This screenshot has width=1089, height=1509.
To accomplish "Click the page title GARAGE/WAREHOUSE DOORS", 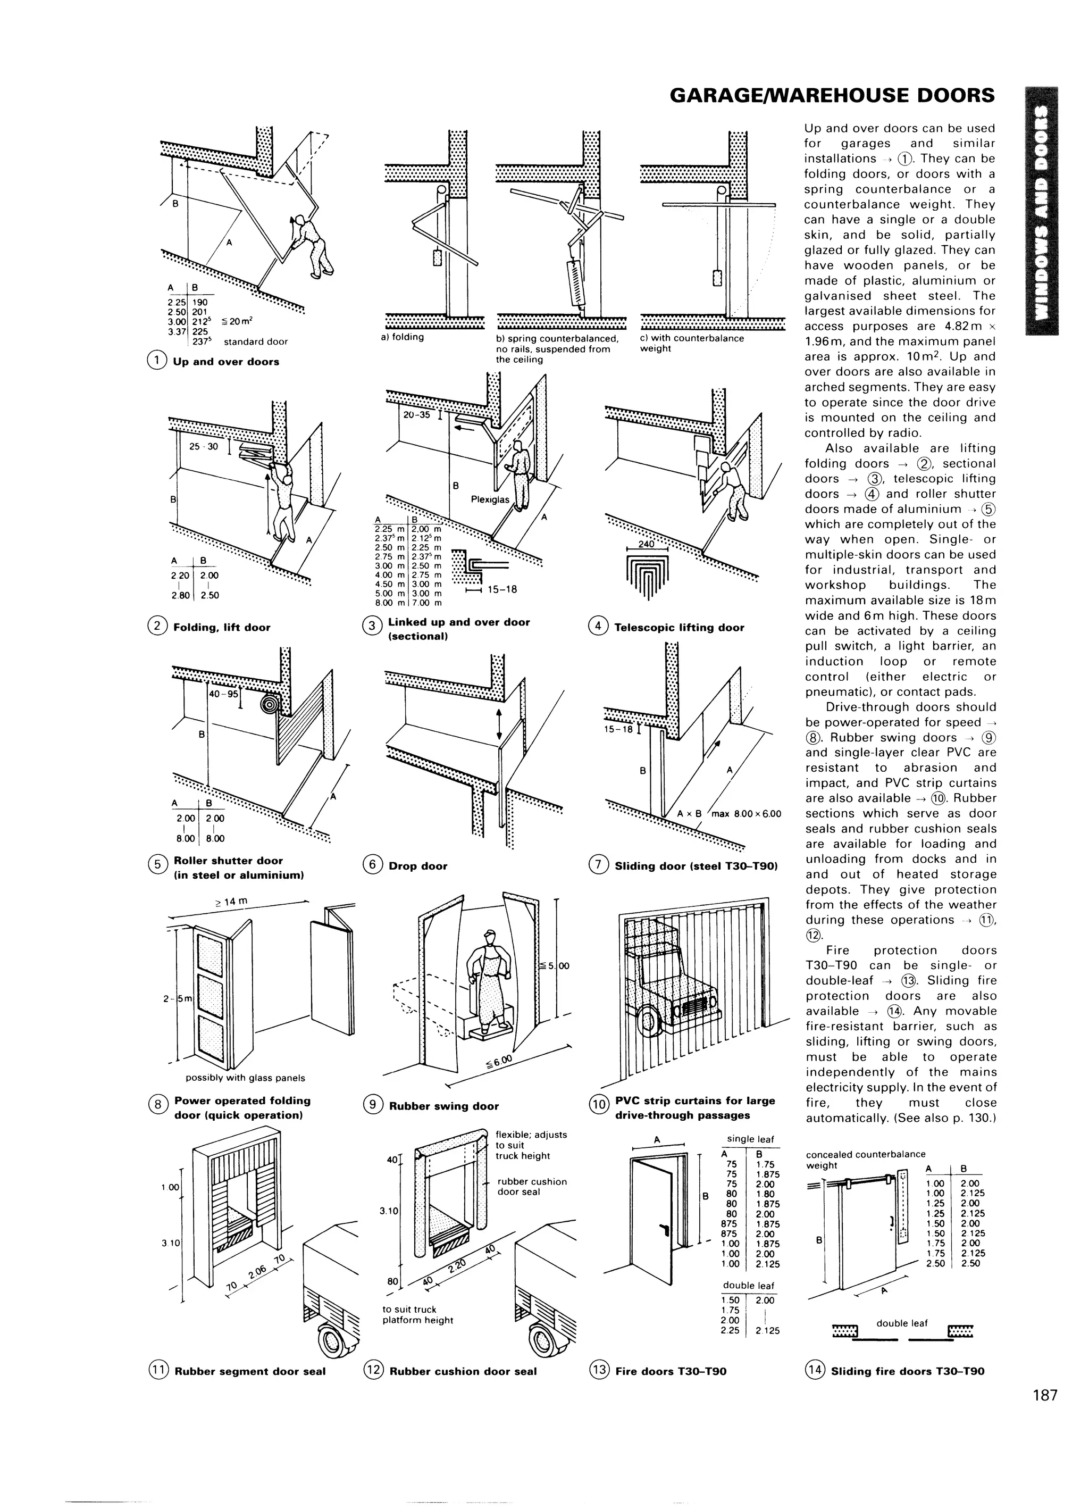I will tap(832, 95).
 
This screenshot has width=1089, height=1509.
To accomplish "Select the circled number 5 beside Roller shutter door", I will tap(157, 865).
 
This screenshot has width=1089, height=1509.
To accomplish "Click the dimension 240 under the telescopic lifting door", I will tap(646, 544).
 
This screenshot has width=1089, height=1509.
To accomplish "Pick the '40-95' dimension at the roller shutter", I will tap(223, 694).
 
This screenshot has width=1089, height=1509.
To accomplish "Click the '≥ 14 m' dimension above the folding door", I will tap(231, 902).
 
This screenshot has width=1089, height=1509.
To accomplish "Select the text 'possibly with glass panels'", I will tap(245, 1078).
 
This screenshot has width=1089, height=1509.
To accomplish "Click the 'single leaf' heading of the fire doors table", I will tap(750, 1139).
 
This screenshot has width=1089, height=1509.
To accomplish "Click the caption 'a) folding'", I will tap(403, 337).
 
